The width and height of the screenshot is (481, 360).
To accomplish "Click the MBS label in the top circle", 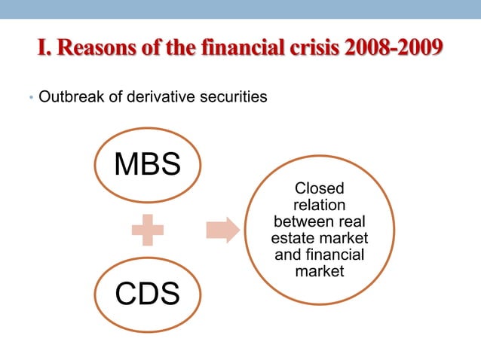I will (147, 164).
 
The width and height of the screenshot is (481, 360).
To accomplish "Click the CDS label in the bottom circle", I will (147, 294).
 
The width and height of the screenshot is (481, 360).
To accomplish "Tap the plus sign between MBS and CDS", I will (147, 229).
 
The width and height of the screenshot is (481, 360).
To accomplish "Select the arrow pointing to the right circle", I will (222, 229).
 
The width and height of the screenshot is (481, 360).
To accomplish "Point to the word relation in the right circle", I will (319, 205).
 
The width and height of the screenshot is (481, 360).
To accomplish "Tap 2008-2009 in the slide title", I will (392, 48).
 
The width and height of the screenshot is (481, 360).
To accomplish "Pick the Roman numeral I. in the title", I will (44, 48).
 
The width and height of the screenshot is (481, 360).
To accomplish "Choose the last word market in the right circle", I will (319, 270).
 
